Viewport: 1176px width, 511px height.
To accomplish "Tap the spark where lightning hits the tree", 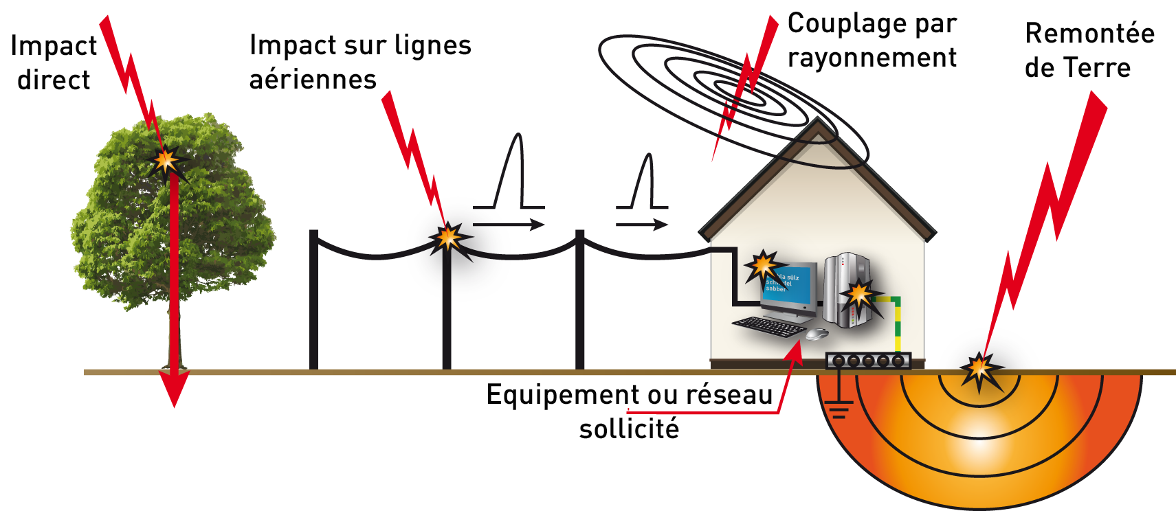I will [165, 161].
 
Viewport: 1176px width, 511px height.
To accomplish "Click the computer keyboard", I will [768, 326].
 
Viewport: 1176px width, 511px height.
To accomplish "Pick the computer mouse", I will [816, 334].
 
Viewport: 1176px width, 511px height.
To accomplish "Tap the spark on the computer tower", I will [858, 295].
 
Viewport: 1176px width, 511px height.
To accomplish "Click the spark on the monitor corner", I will [762, 265].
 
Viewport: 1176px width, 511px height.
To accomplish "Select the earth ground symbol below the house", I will [838, 411].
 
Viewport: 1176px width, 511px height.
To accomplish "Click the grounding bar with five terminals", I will [868, 360].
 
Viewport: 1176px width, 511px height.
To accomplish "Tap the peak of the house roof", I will [818, 123].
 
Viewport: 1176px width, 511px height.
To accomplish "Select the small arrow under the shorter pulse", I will [642, 225].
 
